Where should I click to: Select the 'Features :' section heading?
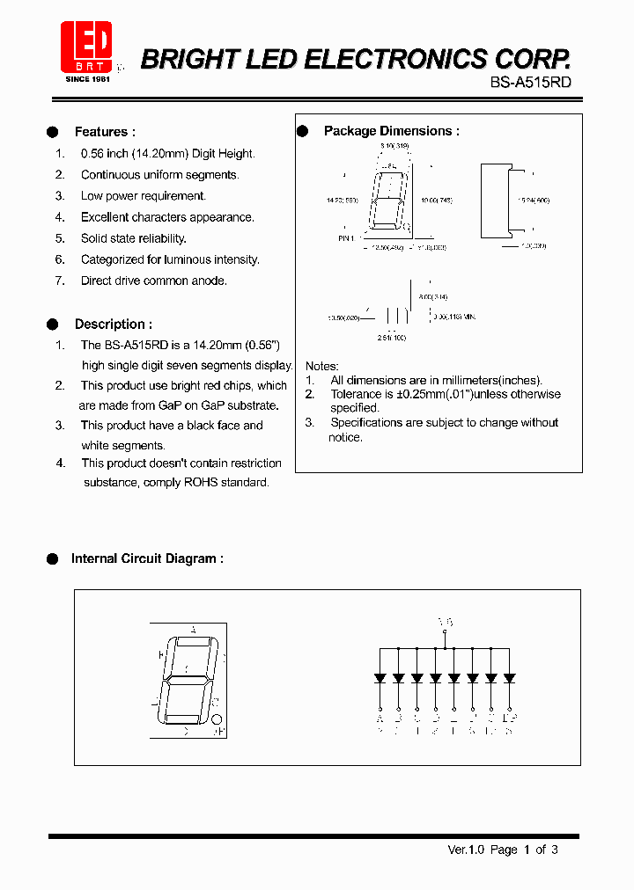pyautogui.click(x=105, y=132)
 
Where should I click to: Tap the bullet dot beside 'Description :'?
pyautogui.click(x=52, y=324)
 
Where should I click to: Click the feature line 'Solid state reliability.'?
pyautogui.click(x=133, y=238)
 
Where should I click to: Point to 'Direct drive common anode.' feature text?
pyautogui.click(x=153, y=281)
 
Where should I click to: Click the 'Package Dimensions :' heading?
pyautogui.click(x=391, y=131)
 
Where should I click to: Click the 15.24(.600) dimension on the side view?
pyautogui.click(x=533, y=201)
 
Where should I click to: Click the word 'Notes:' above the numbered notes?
pyautogui.click(x=321, y=366)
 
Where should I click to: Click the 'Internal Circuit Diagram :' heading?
pyautogui.click(x=146, y=558)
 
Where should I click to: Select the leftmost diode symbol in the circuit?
pyautogui.click(x=380, y=678)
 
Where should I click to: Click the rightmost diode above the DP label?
pyautogui.click(x=509, y=678)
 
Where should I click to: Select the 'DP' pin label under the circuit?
pyautogui.click(x=509, y=718)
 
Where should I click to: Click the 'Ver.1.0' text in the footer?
pyautogui.click(x=467, y=850)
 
